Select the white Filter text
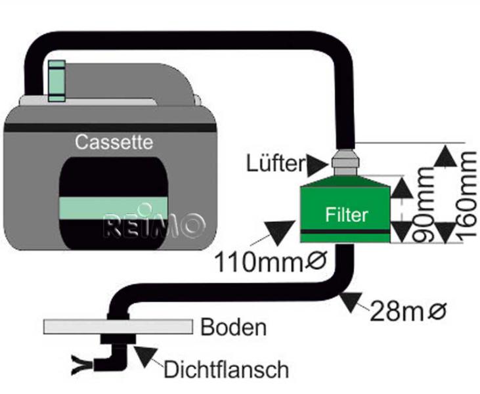[346, 214]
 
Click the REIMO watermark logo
[154, 225]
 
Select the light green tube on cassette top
[57, 80]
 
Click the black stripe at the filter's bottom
[345, 232]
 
